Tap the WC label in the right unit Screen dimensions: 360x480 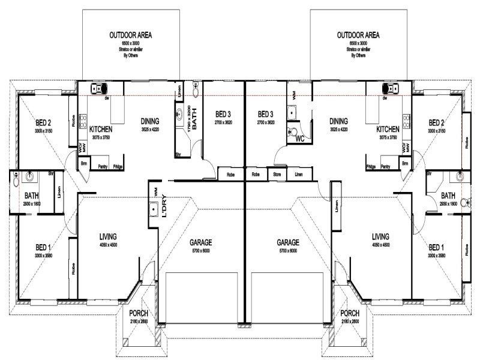pyautogui.click(x=301, y=139)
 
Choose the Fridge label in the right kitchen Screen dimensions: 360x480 pyautogui.click(x=371, y=166)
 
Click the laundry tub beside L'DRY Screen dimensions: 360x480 pyautogui.click(x=153, y=209)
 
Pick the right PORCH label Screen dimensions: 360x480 pyautogui.click(x=349, y=314)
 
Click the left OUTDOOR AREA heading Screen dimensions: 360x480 pyautogui.click(x=130, y=35)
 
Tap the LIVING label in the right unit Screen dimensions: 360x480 pyautogui.click(x=380, y=236)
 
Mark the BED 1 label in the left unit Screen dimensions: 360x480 pyautogui.click(x=43, y=247)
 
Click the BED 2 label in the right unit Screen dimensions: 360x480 pyautogui.click(x=436, y=122)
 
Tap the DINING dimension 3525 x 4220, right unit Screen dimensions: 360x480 pyautogui.click(x=338, y=129)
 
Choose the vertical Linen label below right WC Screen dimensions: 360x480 pyautogui.click(x=337, y=207)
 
